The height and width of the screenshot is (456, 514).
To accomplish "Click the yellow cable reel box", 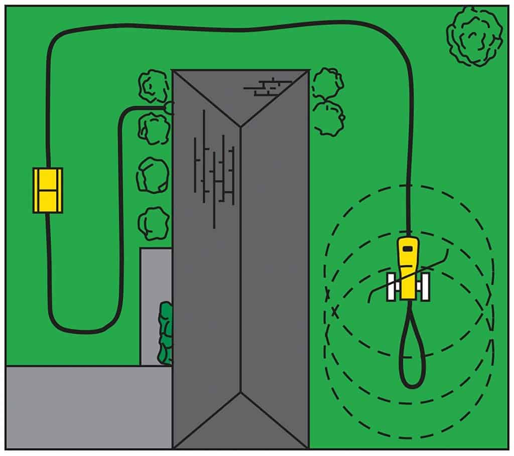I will pyautogui.click(x=48, y=190).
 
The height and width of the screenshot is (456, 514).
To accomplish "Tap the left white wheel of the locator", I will pyautogui.click(x=391, y=287).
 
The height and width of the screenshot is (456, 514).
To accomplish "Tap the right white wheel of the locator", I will pyautogui.click(x=425, y=287).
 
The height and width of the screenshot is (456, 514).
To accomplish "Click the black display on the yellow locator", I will pyautogui.click(x=407, y=248).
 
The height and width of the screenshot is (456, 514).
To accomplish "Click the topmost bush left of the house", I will pyautogui.click(x=153, y=86).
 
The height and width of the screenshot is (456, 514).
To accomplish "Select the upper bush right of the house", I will pyautogui.click(x=328, y=83).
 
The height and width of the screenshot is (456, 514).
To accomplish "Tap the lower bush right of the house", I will pyautogui.click(x=329, y=118).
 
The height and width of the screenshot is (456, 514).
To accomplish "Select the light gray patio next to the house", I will pyautogui.click(x=156, y=281).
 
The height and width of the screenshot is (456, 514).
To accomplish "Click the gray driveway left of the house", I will pyautogui.click(x=85, y=406).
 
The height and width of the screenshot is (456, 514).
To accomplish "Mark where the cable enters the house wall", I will pyautogui.click(x=171, y=107).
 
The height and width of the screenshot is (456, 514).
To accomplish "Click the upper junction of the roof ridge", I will pyautogui.click(x=241, y=125).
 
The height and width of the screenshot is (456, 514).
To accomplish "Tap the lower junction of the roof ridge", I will pyautogui.click(x=241, y=393).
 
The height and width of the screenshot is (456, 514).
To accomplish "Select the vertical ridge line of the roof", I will pyautogui.click(x=241, y=261).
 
